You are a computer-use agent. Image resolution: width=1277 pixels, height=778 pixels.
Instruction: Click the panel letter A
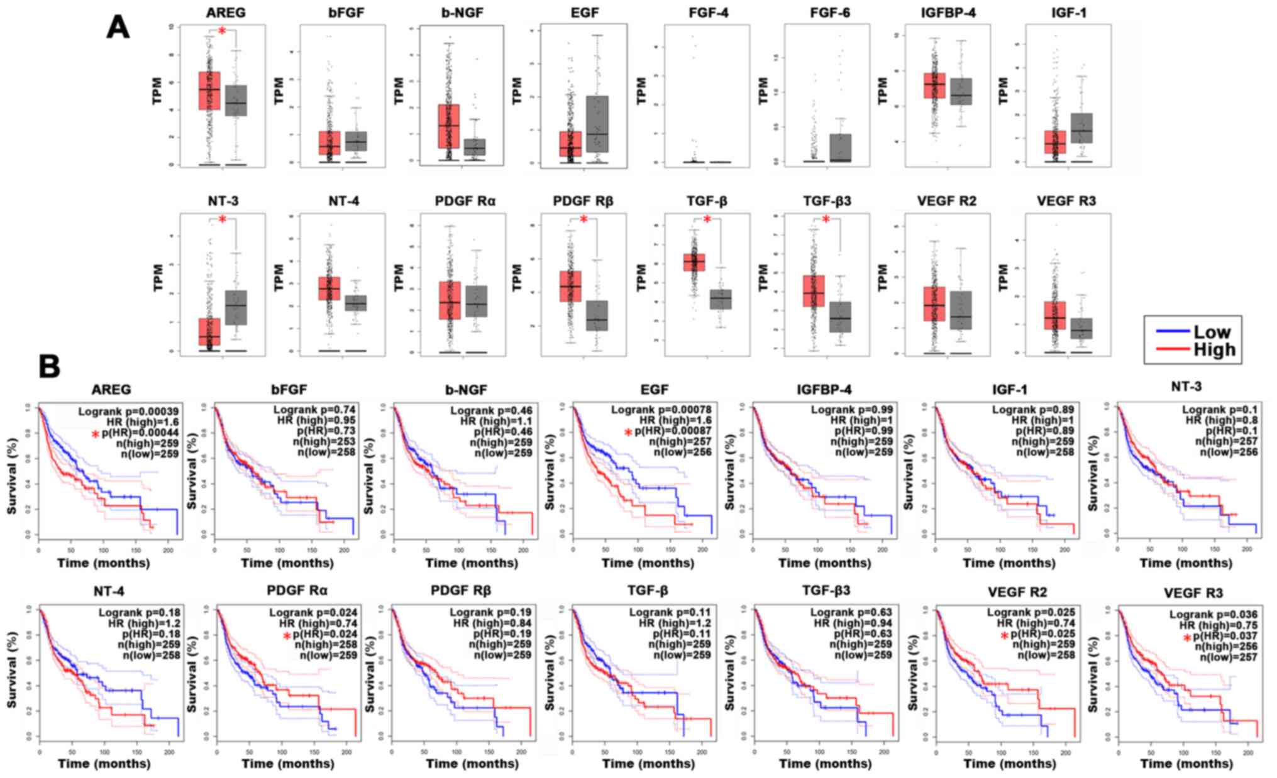118,27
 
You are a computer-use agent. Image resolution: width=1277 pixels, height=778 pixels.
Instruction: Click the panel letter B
50,366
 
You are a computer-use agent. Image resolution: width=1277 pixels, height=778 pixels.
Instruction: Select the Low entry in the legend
1212,331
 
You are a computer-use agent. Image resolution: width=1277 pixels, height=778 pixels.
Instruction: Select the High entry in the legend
1214,349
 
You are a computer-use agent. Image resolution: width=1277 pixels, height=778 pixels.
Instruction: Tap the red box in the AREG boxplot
209,90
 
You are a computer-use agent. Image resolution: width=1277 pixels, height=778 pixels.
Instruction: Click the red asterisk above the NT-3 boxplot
222,219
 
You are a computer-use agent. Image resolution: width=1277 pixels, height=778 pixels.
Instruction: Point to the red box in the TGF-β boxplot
694,262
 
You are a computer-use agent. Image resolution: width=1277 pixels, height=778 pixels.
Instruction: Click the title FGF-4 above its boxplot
708,13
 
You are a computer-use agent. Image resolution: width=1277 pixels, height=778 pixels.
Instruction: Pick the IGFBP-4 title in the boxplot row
948,13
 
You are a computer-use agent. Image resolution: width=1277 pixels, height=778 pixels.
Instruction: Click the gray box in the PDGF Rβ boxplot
596,315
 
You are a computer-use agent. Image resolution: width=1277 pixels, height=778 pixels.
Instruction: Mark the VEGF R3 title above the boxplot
1068,201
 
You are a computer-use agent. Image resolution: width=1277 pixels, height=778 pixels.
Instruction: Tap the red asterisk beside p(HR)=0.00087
628,432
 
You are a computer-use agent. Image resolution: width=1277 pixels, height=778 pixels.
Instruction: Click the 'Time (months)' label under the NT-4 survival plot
104,764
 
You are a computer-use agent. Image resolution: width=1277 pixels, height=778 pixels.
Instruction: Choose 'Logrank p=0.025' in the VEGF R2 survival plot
1031,612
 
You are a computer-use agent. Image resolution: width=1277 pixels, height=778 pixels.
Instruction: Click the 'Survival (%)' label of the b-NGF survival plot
369,476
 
